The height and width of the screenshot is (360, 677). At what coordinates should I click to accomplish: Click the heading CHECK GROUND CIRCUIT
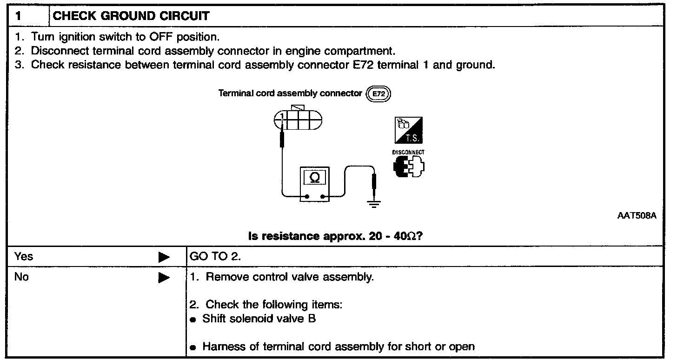(131, 16)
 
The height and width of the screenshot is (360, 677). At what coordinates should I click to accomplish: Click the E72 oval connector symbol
(378, 94)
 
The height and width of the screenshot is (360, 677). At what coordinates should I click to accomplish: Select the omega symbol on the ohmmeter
(314, 178)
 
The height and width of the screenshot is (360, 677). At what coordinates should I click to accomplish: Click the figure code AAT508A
(637, 217)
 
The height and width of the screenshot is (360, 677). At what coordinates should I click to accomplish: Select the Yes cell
(24, 256)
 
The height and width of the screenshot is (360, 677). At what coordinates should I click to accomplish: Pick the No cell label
(21, 278)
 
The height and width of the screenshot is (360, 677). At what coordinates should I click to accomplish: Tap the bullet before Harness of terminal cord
(193, 347)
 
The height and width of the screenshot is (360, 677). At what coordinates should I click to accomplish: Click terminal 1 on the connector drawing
(282, 116)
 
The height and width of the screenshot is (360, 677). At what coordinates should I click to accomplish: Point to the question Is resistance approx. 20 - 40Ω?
(335, 236)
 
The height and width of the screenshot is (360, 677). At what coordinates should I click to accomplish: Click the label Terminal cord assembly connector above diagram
(290, 93)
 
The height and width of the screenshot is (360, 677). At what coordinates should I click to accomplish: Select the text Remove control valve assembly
(290, 278)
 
